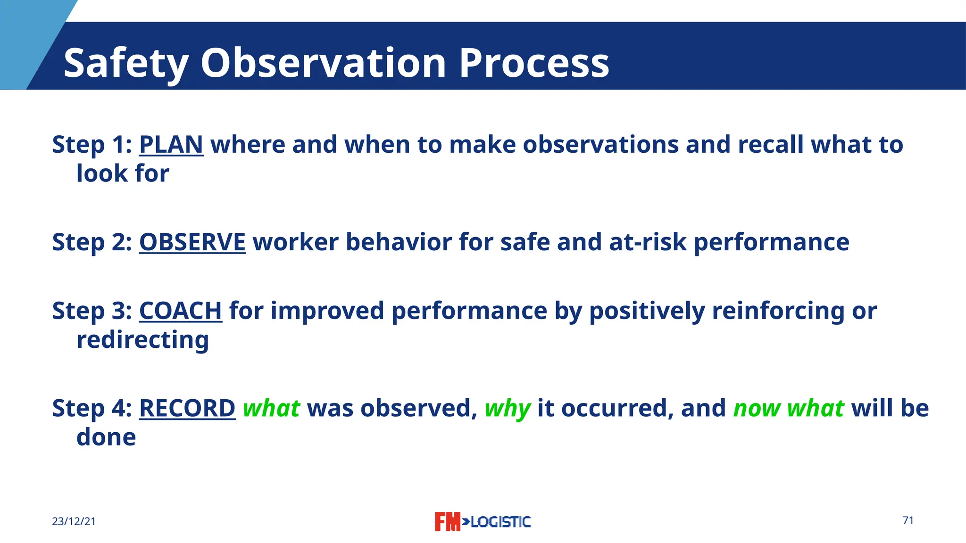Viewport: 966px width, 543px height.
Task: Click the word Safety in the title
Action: pyautogui.click(x=126, y=63)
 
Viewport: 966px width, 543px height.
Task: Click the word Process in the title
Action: pyautogui.click(x=533, y=63)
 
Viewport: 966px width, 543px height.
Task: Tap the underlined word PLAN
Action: pyautogui.click(x=171, y=144)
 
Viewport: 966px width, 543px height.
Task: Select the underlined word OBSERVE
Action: pyautogui.click(x=192, y=242)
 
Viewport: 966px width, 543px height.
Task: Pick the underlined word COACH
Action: pyautogui.click(x=180, y=311)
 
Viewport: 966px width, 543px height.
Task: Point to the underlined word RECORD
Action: pyautogui.click(x=187, y=408)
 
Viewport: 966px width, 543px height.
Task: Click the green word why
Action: pyautogui.click(x=508, y=408)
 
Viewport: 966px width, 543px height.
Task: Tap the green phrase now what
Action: pyautogui.click(x=788, y=408)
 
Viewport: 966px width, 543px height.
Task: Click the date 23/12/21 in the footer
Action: pyautogui.click(x=74, y=521)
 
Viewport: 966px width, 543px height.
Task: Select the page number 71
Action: pyautogui.click(x=908, y=520)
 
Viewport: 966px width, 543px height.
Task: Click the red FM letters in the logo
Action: pyautogui.click(x=447, y=522)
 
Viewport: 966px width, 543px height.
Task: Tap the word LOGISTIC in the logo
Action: pyautogui.click(x=500, y=522)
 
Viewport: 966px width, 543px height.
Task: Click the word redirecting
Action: pyautogui.click(x=142, y=340)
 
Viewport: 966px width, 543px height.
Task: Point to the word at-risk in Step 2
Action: pyautogui.click(x=648, y=242)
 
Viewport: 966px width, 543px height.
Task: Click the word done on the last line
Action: pyautogui.click(x=106, y=437)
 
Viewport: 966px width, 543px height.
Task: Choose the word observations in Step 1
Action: pyautogui.click(x=600, y=144)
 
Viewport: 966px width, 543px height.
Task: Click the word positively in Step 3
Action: pyautogui.click(x=647, y=311)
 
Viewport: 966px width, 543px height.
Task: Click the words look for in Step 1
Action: pyautogui.click(x=123, y=173)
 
